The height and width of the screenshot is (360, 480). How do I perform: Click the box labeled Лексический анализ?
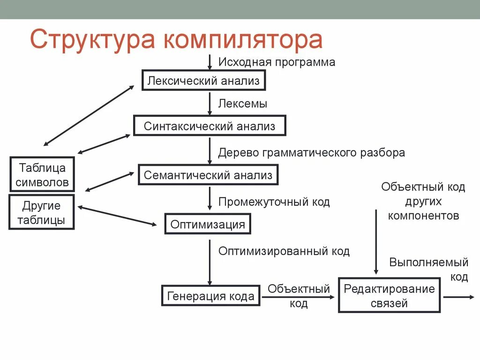pos(203,81)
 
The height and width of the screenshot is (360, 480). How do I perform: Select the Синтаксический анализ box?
pos(210,126)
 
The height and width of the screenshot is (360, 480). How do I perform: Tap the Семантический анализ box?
pos(208,175)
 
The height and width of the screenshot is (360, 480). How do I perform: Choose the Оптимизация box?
pos(208,224)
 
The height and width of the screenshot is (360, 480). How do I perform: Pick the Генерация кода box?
pos(210,296)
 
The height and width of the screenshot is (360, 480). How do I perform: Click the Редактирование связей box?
pos(389,296)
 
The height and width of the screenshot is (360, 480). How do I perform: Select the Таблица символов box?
pos(42,174)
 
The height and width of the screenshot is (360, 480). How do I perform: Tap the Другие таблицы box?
pos(41,212)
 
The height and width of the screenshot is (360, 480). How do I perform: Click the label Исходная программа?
pos(277,62)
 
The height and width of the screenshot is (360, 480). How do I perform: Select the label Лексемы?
pos(243,104)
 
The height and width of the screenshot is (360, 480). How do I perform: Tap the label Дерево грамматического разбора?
pos(311,152)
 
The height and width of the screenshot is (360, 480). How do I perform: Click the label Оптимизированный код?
pos(284,251)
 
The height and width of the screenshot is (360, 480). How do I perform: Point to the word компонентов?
pos(423,216)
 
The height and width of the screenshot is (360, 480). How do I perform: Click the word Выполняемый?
pos(428,262)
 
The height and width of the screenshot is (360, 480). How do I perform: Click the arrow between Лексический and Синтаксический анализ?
pos(210,103)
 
